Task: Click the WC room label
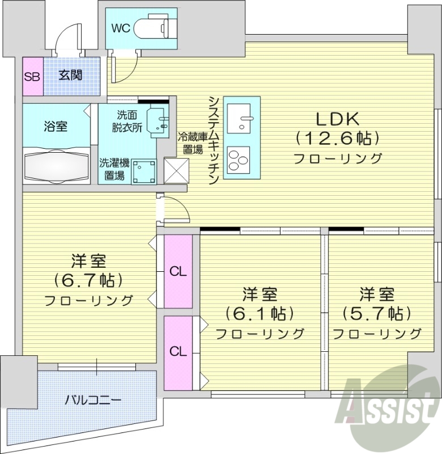121,28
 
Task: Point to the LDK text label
337,119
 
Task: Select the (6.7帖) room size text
89,280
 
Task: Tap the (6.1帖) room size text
260,313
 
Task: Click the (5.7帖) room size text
376,313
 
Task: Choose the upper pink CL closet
178,271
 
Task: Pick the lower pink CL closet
178,352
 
